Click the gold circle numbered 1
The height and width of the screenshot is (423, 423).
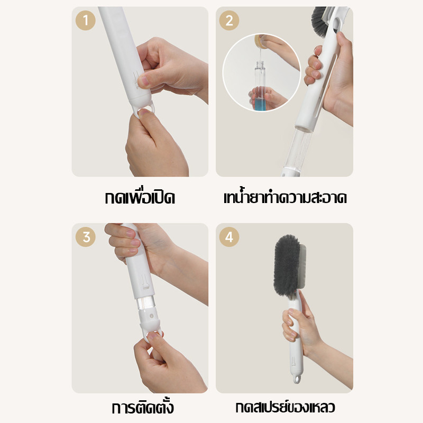tap(86, 20)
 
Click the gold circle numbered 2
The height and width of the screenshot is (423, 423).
tap(229, 20)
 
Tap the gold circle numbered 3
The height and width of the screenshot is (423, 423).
tap(86, 237)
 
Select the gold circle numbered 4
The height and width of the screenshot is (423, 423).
tap(229, 237)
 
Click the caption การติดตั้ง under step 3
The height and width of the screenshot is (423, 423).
tap(143, 407)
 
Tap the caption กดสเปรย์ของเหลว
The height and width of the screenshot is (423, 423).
tap(285, 407)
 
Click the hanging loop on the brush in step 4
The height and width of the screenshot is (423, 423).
tap(297, 379)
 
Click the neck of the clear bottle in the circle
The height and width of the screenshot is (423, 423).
tap(260, 65)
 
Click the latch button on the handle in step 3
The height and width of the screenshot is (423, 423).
tap(146, 286)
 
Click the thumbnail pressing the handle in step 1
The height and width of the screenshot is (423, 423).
tap(142, 81)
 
